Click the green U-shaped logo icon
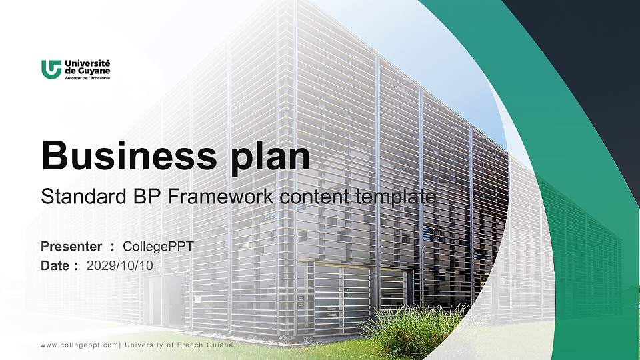(51, 69)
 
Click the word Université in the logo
(87, 63)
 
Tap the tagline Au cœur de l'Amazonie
(87, 77)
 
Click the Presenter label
(71, 247)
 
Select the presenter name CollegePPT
(159, 247)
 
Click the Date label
(55, 265)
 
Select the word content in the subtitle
(313, 197)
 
